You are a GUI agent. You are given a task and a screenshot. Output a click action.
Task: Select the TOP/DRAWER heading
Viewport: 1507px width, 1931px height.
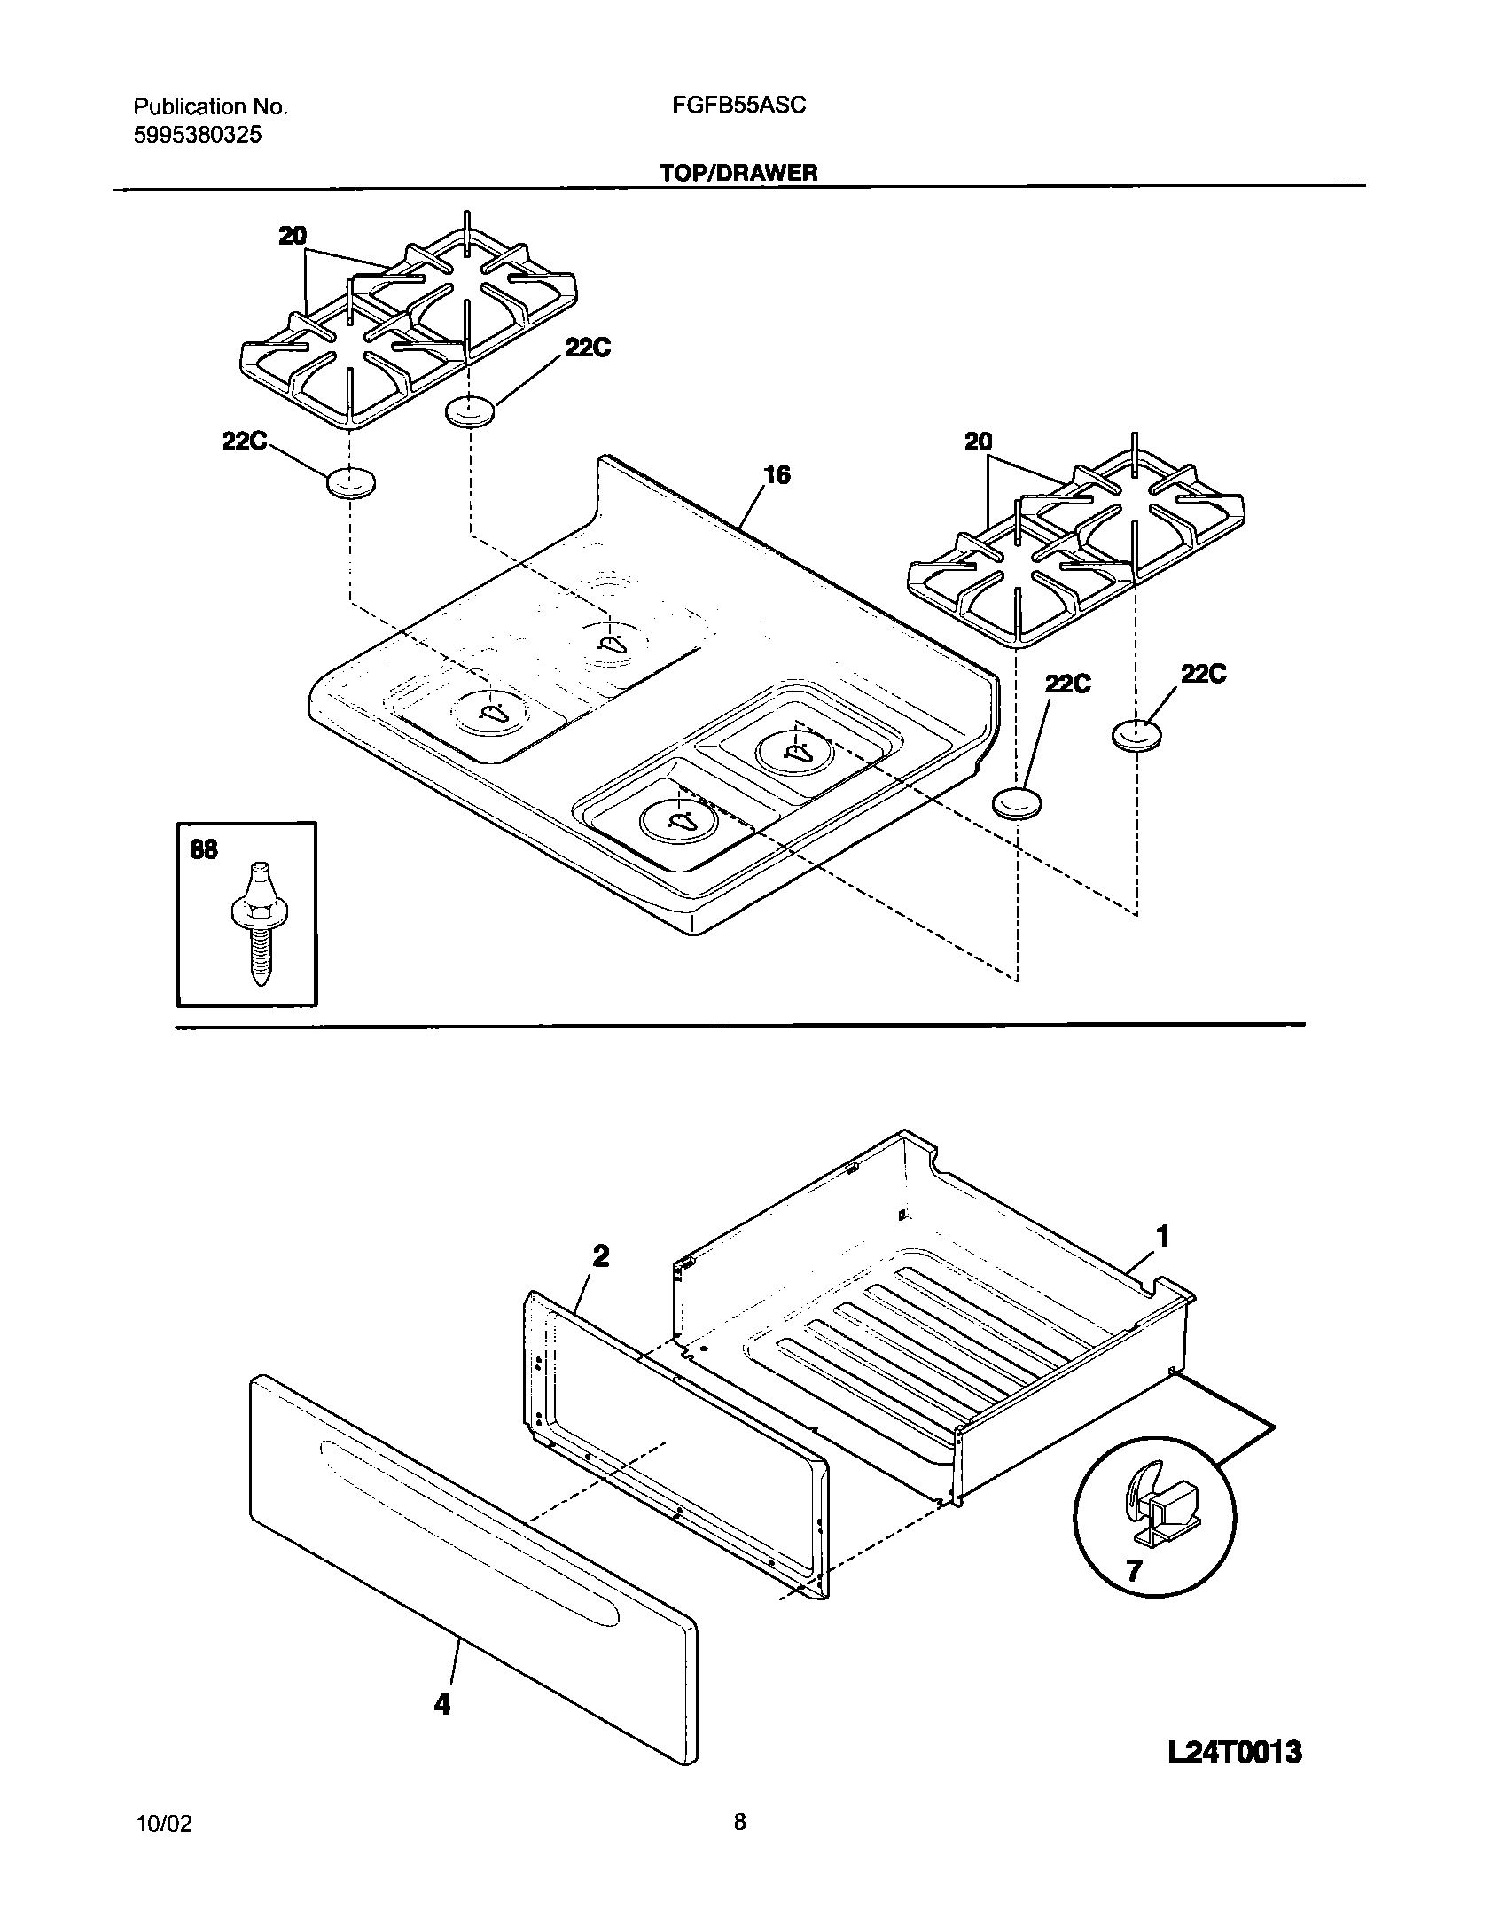click(738, 173)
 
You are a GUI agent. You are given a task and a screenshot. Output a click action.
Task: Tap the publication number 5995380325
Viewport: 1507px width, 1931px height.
click(198, 136)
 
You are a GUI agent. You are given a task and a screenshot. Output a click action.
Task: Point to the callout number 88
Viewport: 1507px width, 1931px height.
click(204, 849)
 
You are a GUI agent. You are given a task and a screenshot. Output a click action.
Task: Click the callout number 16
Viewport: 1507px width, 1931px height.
click(777, 476)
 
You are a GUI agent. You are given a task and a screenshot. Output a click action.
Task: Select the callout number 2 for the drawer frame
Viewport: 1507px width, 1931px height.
click(600, 1255)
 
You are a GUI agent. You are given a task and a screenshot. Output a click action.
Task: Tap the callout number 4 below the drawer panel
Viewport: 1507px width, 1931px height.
click(441, 1703)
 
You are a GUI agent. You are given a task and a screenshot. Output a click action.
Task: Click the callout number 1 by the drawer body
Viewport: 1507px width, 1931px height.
click(1164, 1236)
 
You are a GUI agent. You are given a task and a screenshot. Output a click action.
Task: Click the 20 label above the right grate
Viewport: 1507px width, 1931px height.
click(979, 441)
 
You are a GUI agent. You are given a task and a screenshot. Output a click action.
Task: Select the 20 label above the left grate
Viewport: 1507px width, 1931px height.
click(293, 236)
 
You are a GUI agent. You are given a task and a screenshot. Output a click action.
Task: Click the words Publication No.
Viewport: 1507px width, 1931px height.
click(211, 107)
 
